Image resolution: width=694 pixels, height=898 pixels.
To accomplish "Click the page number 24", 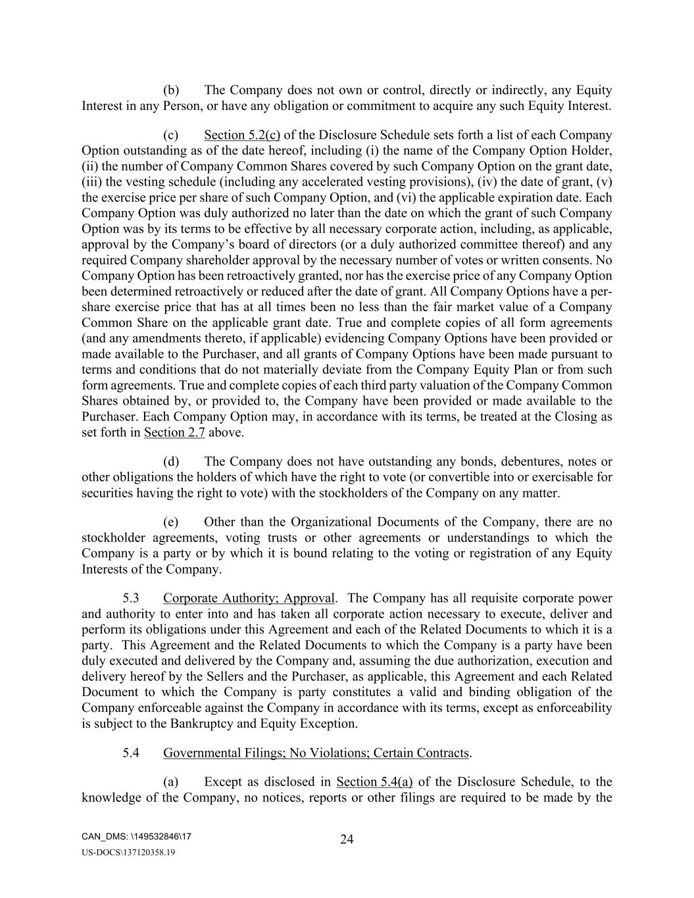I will (347, 839).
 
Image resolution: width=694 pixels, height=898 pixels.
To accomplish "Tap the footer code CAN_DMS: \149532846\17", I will (137, 837).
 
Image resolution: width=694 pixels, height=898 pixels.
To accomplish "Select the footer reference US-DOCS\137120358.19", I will (128, 853).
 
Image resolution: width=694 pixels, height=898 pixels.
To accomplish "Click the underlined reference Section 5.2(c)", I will (242, 135).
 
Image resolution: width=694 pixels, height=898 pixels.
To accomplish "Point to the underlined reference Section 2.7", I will (174, 432).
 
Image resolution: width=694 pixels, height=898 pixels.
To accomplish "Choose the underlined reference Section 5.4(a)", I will (374, 782).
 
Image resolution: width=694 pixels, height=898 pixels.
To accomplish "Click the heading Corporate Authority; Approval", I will (249, 598).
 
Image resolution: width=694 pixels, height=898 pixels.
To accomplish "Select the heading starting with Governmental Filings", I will (316, 753).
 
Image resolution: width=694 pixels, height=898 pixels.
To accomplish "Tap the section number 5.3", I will (130, 598).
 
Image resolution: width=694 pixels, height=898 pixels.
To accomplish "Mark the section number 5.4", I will (130, 753).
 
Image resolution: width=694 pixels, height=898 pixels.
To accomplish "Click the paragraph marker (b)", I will (171, 90).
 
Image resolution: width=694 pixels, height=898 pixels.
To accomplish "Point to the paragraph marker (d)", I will (171, 461).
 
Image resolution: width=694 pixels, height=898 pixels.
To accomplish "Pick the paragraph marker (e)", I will (171, 522).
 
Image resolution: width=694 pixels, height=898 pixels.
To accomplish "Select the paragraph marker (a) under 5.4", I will (171, 782).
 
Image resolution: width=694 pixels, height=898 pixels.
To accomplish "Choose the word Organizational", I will (330, 522).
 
